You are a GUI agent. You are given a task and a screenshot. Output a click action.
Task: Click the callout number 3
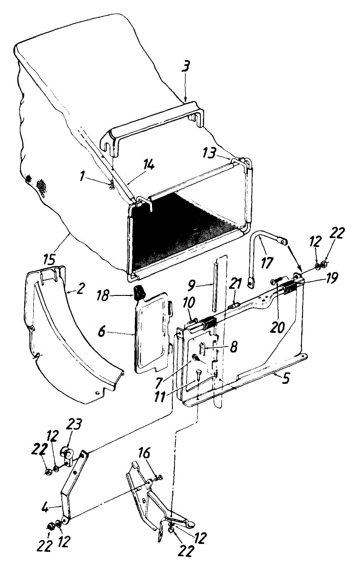[187, 66]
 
